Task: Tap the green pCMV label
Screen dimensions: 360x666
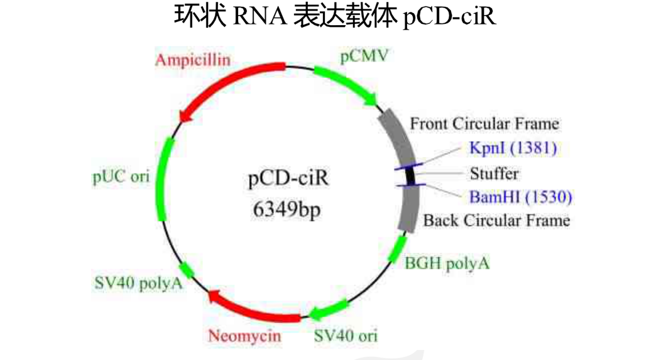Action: (x=364, y=57)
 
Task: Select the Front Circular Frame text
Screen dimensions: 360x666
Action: (x=484, y=124)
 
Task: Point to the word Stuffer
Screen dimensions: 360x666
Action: (x=494, y=173)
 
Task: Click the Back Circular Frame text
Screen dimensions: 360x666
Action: (x=496, y=221)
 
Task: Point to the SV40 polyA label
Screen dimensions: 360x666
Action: (x=138, y=283)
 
